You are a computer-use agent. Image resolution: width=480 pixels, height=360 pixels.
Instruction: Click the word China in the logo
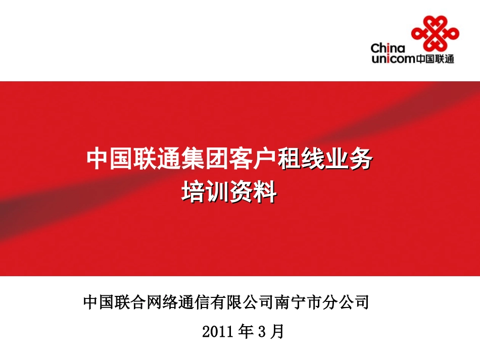[x=388, y=49]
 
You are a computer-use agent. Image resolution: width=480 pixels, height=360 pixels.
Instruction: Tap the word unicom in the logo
[x=393, y=59]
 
